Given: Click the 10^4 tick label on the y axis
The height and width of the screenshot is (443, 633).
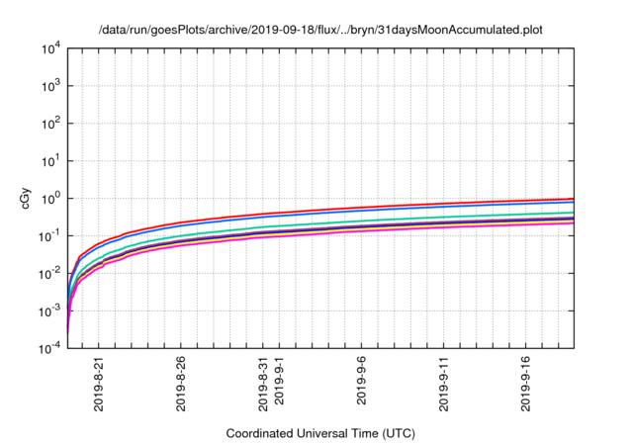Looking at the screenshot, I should (51, 48).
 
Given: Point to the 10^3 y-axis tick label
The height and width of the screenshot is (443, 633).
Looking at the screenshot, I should (51, 86).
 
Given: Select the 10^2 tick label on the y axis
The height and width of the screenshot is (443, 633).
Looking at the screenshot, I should (51, 124).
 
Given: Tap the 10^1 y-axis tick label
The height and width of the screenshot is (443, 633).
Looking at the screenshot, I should (51, 160).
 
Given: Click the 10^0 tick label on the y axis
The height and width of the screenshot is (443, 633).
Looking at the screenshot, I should (51, 198).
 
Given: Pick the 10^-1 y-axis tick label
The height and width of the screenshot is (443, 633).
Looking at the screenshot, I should (51, 235).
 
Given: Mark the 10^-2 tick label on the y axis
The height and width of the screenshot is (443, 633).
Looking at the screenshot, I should (51, 273).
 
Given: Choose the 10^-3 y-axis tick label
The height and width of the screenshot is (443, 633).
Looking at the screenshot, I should (51, 310).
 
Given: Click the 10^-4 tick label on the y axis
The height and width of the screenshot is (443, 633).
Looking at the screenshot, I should (51, 348).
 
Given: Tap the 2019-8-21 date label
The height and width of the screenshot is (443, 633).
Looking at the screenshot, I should (99, 385).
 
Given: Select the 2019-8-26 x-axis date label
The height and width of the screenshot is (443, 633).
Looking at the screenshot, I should (180, 385).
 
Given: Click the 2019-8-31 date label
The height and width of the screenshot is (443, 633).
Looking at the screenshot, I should (262, 385).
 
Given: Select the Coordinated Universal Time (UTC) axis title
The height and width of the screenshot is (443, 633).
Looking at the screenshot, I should (320, 433).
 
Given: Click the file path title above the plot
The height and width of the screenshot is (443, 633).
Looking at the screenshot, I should (320, 29).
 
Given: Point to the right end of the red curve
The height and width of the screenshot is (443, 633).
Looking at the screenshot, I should (574, 199).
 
